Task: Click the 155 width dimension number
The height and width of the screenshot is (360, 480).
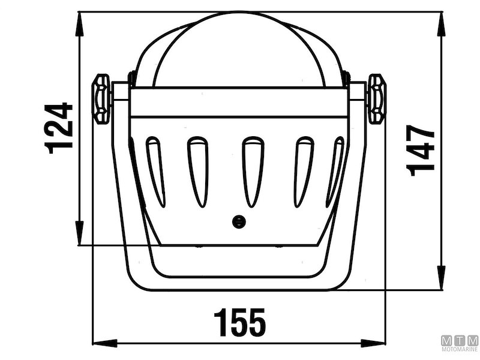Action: pyautogui.click(x=239, y=322)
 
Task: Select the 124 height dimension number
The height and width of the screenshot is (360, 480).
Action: pyautogui.click(x=59, y=128)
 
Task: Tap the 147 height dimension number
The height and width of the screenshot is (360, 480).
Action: pyautogui.click(x=421, y=151)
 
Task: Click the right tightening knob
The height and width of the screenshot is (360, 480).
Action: pyautogui.click(x=377, y=98)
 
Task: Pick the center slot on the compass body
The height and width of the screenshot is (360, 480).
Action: pyautogui.click(x=253, y=172)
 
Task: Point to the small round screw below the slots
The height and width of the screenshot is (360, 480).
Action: pyautogui.click(x=239, y=221)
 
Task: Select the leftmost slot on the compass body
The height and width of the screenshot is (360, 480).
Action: pyautogui.click(x=155, y=172)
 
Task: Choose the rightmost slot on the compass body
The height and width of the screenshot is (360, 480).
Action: pyautogui.click(x=335, y=172)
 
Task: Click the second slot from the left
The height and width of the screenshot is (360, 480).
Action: pyautogui.click(x=198, y=172)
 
